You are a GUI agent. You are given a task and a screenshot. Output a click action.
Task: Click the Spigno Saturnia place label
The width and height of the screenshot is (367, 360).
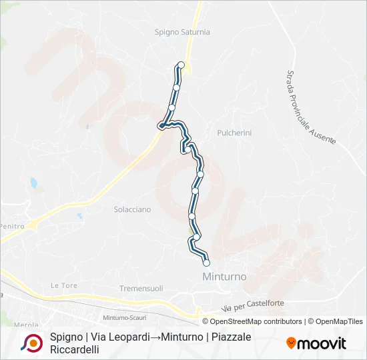coord(182,31)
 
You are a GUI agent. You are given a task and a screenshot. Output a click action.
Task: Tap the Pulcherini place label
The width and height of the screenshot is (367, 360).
coord(234,133)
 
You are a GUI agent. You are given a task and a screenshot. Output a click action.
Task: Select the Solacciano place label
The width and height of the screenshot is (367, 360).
coord(132,209)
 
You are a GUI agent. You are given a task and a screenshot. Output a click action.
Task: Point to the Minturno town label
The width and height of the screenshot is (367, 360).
coord(224,276)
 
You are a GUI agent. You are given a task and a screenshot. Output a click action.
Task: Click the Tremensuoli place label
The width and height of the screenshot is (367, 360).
coord(141,288)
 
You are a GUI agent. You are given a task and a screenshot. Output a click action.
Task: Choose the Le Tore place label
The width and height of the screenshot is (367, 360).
coord(64,285)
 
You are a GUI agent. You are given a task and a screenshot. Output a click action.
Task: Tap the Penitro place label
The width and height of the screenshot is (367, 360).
coord(13,227)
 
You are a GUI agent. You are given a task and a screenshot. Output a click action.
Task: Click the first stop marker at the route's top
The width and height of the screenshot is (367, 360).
coord(180,65)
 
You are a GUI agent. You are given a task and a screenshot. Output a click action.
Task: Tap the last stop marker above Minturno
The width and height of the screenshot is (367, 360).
coord(206,263)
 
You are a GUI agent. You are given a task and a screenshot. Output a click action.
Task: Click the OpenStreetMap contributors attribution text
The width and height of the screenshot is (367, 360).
coord(256,321)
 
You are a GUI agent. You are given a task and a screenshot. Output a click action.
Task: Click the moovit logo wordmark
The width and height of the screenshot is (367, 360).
coord(322,343)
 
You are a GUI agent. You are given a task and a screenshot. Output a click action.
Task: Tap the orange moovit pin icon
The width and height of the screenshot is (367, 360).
coord(291,343)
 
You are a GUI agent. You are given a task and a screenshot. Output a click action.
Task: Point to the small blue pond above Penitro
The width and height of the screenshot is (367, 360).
coord(32,182)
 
